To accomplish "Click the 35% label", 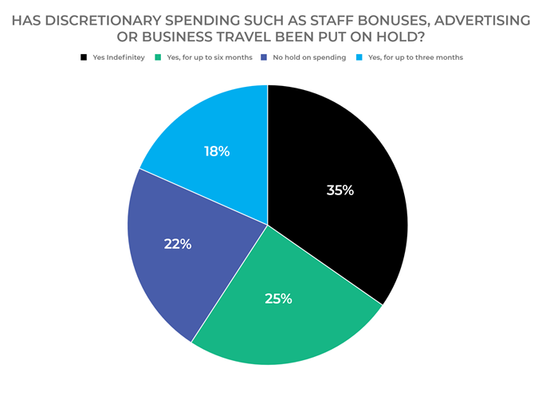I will coord(340,190).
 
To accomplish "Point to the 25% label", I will coord(279,299).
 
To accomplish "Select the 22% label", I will coord(179,244).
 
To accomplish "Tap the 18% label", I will coord(217,151).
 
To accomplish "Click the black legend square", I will coord(83,57).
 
